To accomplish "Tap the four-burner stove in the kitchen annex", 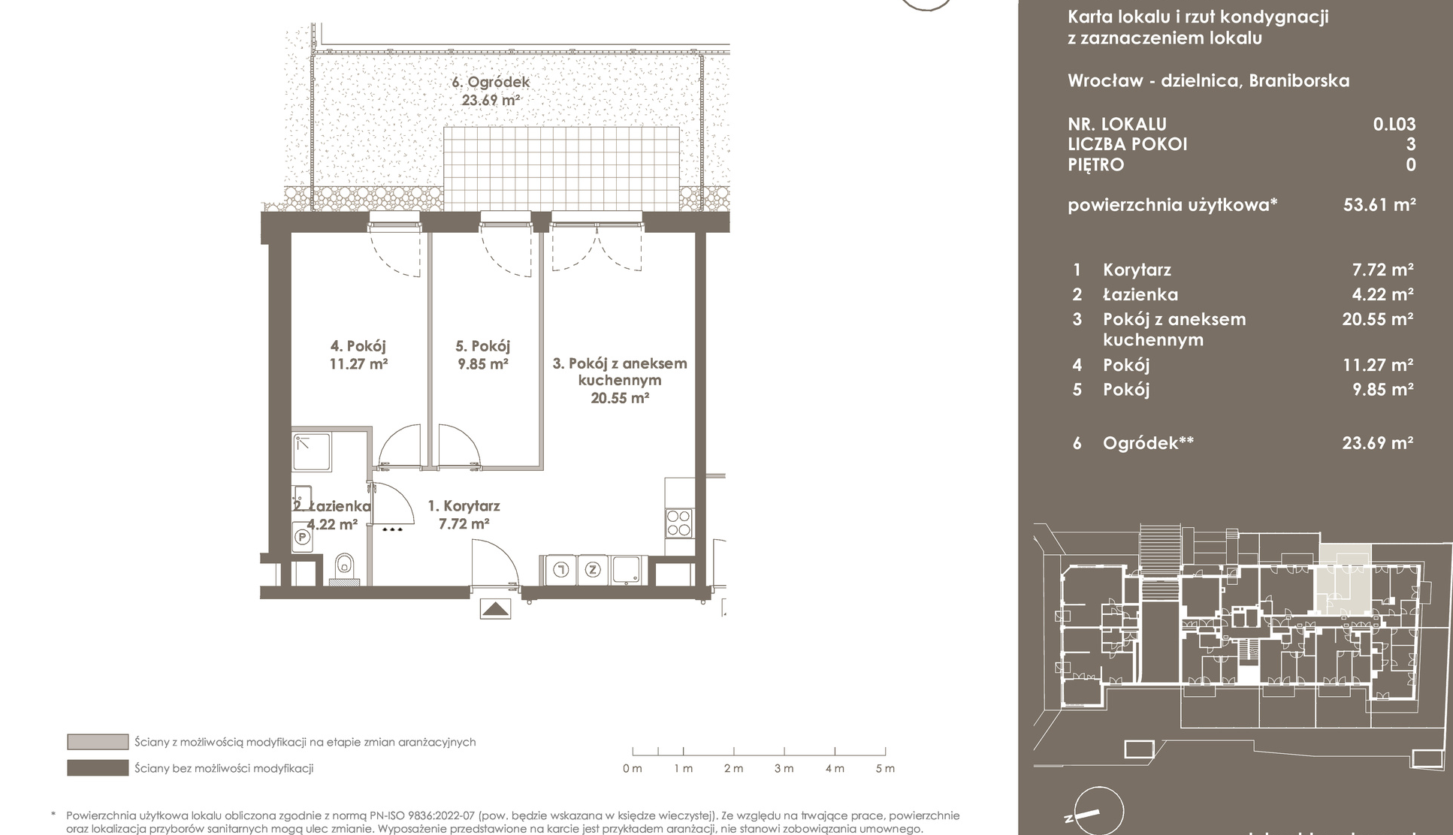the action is [678, 523].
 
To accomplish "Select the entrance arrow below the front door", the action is [495, 609].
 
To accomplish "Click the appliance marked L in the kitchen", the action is [559, 570].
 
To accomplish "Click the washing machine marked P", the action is [302, 537].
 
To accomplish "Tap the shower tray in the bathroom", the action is [311, 452].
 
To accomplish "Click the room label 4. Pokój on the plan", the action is [358, 346].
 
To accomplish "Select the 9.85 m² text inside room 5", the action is [483, 364].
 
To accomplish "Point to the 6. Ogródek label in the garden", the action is [491, 83].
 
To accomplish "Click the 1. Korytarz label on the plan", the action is [464, 506].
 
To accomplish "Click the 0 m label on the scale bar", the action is [633, 768].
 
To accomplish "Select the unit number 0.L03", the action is [1394, 125].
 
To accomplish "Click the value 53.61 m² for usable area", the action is [1379, 204].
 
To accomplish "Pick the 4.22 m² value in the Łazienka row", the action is [1383, 294].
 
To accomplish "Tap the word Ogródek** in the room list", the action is [1148, 443].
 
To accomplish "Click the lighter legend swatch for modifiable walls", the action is [98, 742].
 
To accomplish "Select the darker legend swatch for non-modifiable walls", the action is [98, 768].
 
